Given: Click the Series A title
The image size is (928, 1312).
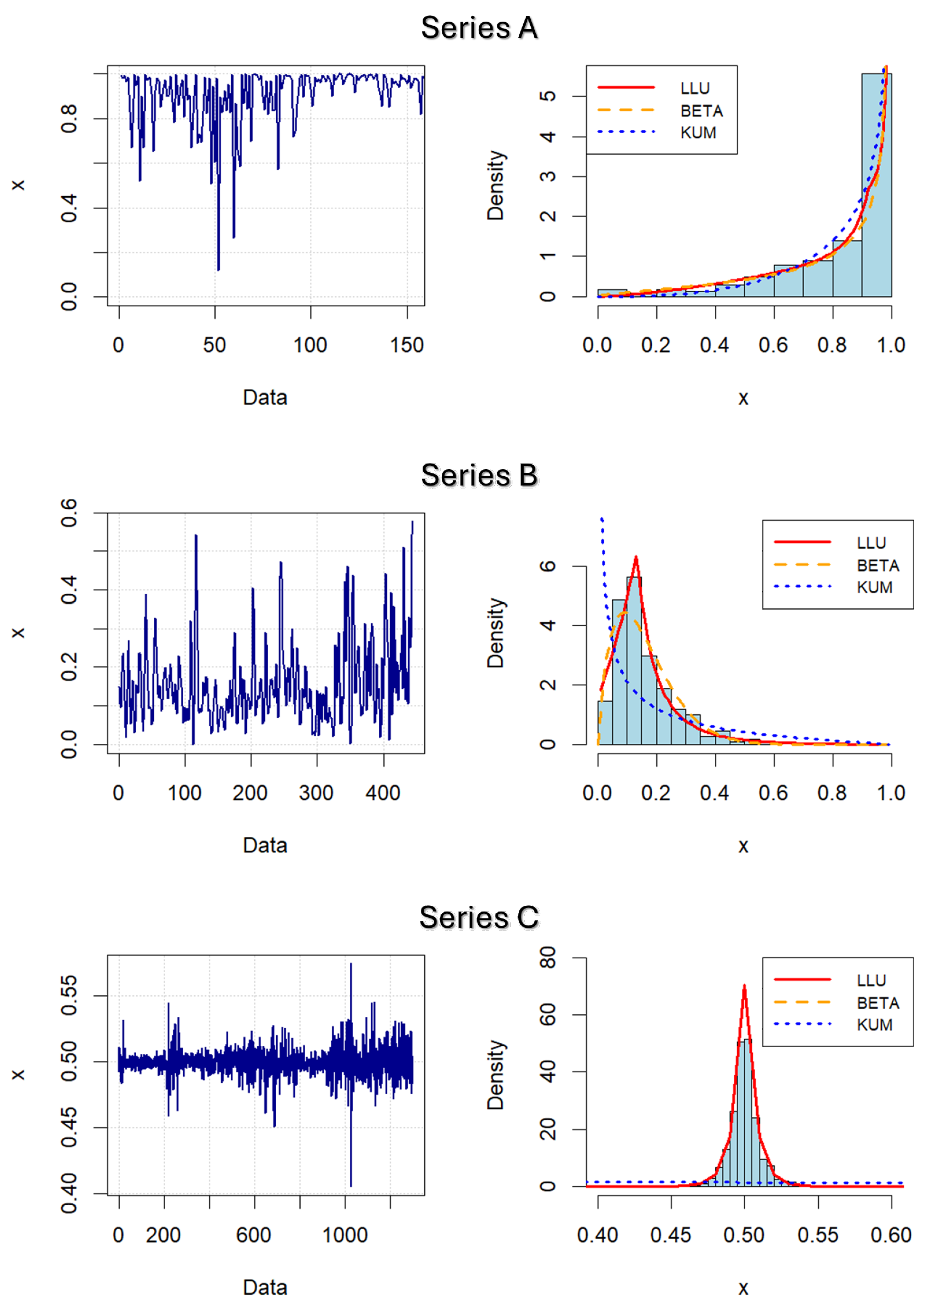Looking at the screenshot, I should [479, 28].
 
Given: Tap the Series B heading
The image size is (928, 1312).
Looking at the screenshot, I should [479, 475].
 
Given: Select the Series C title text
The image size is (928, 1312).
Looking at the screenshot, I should [479, 918].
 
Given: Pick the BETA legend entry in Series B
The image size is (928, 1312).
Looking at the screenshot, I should [878, 566].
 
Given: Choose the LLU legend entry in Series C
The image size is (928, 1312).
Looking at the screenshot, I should [871, 981].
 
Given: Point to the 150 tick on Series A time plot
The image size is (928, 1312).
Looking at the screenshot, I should [407, 345].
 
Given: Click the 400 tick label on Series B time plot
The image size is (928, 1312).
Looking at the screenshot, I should [383, 793].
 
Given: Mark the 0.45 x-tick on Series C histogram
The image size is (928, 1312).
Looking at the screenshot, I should [671, 1236].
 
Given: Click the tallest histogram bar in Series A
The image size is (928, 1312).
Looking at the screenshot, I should [877, 183].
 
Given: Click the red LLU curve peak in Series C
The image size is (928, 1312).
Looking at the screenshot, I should [744, 986].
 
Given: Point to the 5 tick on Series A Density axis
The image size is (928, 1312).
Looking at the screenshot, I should [548, 96].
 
